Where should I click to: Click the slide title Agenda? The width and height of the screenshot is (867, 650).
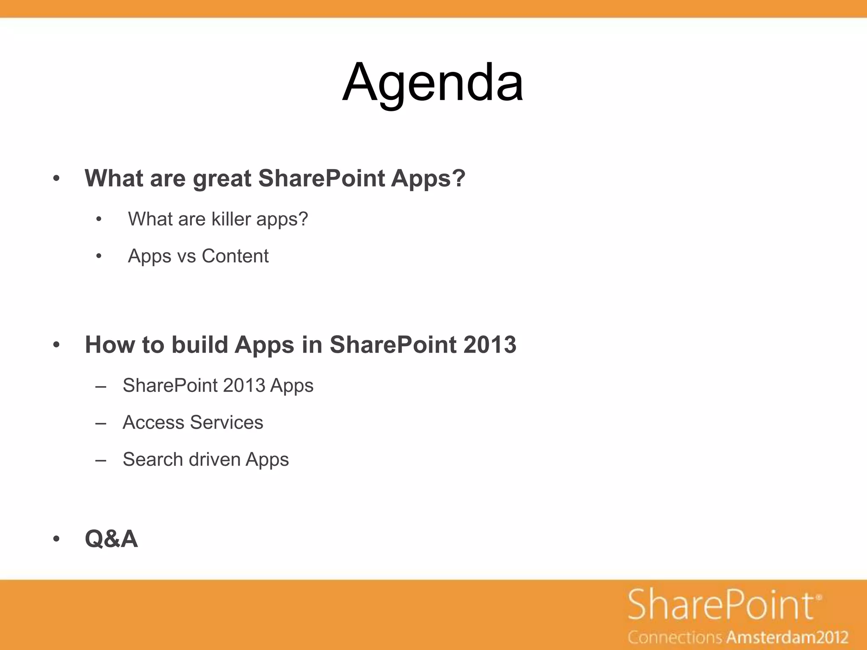coord(433,83)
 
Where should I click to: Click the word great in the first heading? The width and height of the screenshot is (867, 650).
coord(222,179)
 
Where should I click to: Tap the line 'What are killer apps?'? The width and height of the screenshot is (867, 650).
coord(218,219)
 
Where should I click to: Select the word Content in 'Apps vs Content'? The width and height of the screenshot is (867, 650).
coord(235,256)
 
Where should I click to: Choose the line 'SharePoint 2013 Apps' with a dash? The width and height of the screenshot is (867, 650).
coord(218,386)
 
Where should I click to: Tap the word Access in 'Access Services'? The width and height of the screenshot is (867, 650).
coord(153,422)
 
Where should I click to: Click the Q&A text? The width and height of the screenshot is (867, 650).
coord(111,539)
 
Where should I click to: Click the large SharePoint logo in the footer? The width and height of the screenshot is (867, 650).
coord(721,605)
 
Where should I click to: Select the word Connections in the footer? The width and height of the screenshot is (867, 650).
coord(675,637)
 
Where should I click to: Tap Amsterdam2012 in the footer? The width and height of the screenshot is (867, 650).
coord(788,637)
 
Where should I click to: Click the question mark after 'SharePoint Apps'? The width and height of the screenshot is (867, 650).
coord(459,179)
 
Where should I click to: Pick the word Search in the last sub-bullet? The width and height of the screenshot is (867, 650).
coord(153,460)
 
